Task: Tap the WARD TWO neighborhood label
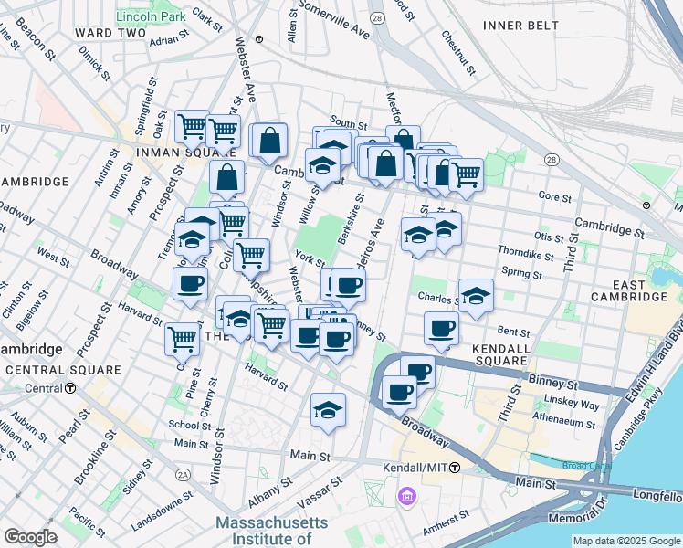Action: [x=110, y=33]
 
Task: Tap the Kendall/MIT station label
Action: [x=415, y=468]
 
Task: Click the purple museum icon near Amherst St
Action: [x=406, y=498]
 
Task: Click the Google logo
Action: [x=30, y=537]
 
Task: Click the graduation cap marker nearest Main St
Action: [x=328, y=410]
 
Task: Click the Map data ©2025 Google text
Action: [x=626, y=541]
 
